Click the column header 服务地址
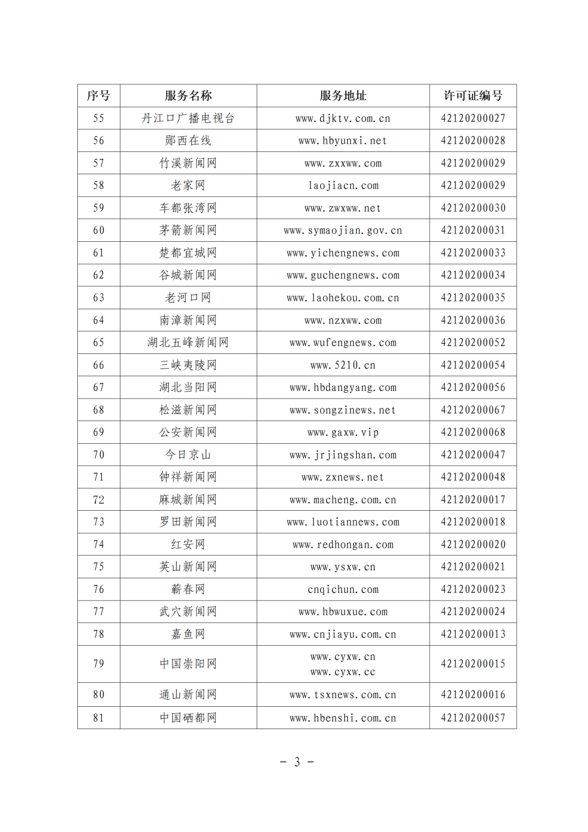[x=343, y=96]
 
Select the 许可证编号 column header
[x=473, y=96]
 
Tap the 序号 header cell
[x=99, y=96]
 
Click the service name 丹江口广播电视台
[x=188, y=118]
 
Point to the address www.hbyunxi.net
[x=343, y=141]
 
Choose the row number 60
[x=99, y=230]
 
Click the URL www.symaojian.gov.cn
[x=343, y=231]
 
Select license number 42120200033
[x=473, y=253]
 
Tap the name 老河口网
[x=188, y=298]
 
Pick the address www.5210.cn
[x=343, y=365]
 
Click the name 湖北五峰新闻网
[x=188, y=342]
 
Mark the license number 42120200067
[x=473, y=410]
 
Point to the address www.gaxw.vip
[x=343, y=432]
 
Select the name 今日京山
[x=188, y=455]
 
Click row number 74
[x=99, y=545]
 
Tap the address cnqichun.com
[x=343, y=590]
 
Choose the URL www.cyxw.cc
[x=343, y=672]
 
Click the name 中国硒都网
[x=188, y=718]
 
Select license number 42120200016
[x=473, y=695]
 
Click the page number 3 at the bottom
[x=297, y=762]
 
